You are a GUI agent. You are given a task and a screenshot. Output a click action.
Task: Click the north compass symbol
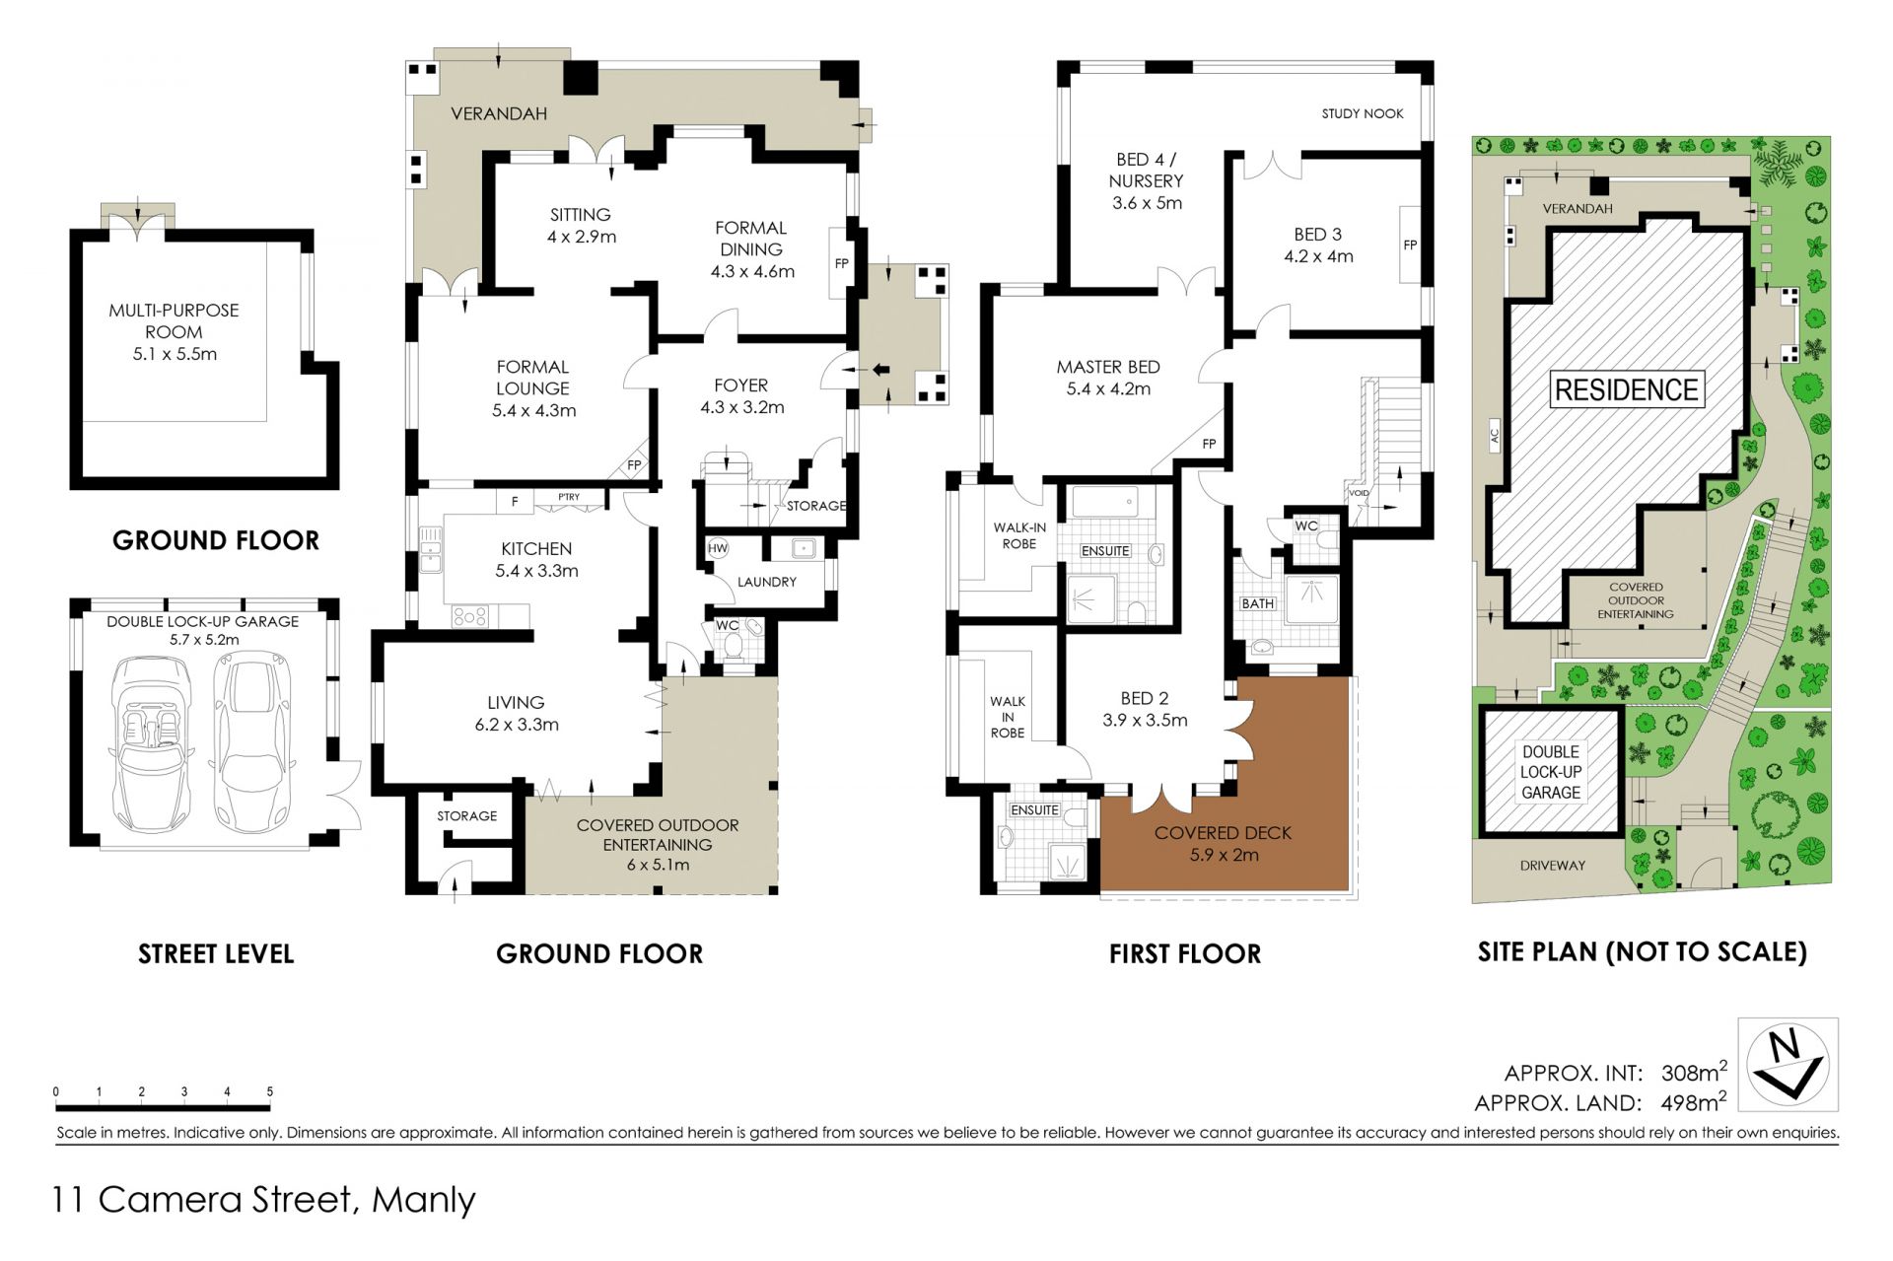1792,1065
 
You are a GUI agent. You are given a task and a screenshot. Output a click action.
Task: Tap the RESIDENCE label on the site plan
1626,389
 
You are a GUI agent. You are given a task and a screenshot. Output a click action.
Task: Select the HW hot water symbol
718,548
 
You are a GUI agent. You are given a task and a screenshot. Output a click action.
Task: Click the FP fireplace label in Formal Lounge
634,465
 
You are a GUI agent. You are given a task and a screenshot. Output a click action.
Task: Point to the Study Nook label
1363,113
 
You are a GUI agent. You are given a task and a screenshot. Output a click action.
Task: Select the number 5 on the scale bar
269,1091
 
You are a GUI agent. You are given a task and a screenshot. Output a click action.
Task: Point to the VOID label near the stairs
1359,493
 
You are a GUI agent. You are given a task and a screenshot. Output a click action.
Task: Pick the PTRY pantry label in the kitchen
569,497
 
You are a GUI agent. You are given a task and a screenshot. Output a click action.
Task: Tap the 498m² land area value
1694,1101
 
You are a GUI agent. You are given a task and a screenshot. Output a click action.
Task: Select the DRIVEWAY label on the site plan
1552,866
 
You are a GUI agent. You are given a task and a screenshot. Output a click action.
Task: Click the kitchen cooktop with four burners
469,616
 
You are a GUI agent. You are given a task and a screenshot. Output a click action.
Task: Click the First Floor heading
1185,953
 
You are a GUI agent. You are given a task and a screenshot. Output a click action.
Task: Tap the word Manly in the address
424,1200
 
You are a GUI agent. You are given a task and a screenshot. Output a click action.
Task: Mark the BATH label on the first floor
1257,603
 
